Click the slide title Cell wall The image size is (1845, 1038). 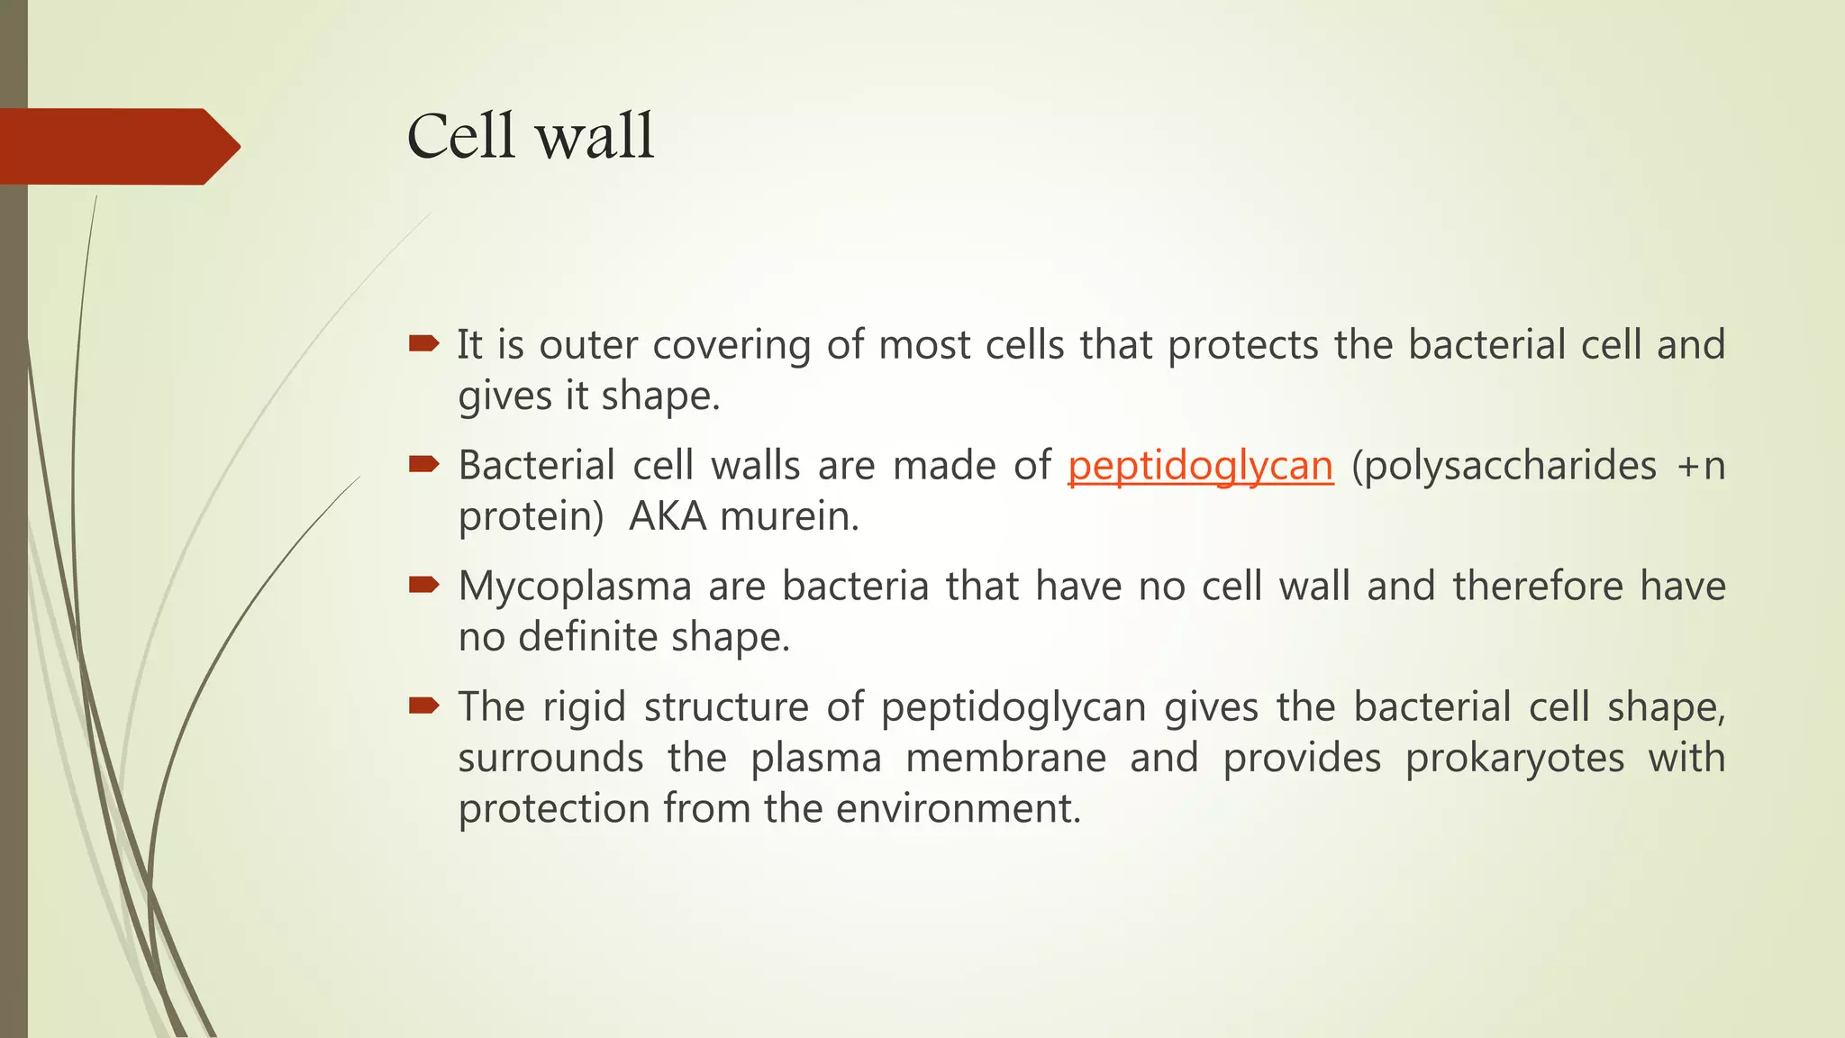click(530, 137)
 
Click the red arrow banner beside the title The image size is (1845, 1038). click(117, 146)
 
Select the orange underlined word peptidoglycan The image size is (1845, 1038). click(1200, 467)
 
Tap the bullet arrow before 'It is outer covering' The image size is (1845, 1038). click(423, 343)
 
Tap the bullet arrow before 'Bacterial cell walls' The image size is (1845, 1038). click(423, 464)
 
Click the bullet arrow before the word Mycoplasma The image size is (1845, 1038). click(423, 585)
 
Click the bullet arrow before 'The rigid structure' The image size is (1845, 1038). click(423, 706)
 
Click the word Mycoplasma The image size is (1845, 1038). click(574, 587)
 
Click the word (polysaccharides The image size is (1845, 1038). click(1504, 467)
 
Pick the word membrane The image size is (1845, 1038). click(1005, 758)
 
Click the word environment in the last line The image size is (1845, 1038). click(958, 808)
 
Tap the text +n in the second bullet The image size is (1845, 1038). click(1701, 467)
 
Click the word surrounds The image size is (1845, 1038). click(550, 758)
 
